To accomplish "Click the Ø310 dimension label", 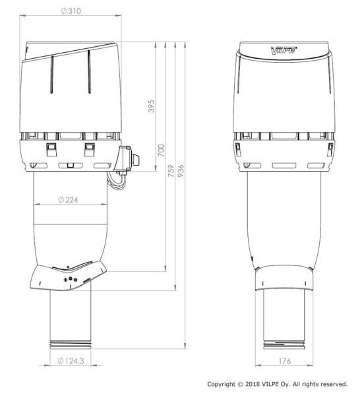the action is tap(71, 11).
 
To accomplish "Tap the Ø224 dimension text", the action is tap(68, 200).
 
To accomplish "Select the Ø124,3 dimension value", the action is tap(71, 360).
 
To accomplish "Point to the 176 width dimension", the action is tap(285, 361).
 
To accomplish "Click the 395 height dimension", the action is tap(151, 106).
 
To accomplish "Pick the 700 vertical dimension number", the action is tap(161, 150).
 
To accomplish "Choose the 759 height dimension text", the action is tap(171, 171).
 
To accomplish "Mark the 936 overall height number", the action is tap(181, 171).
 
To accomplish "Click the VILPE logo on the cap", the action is tap(284, 50).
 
